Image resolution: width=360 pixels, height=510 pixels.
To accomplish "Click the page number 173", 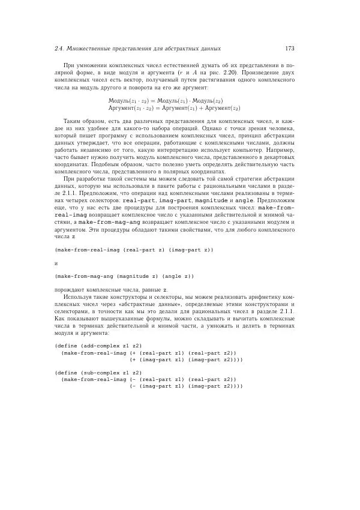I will pyautogui.click(x=289, y=48).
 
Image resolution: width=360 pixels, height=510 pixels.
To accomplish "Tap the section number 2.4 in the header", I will pyautogui.click(x=59, y=48).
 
